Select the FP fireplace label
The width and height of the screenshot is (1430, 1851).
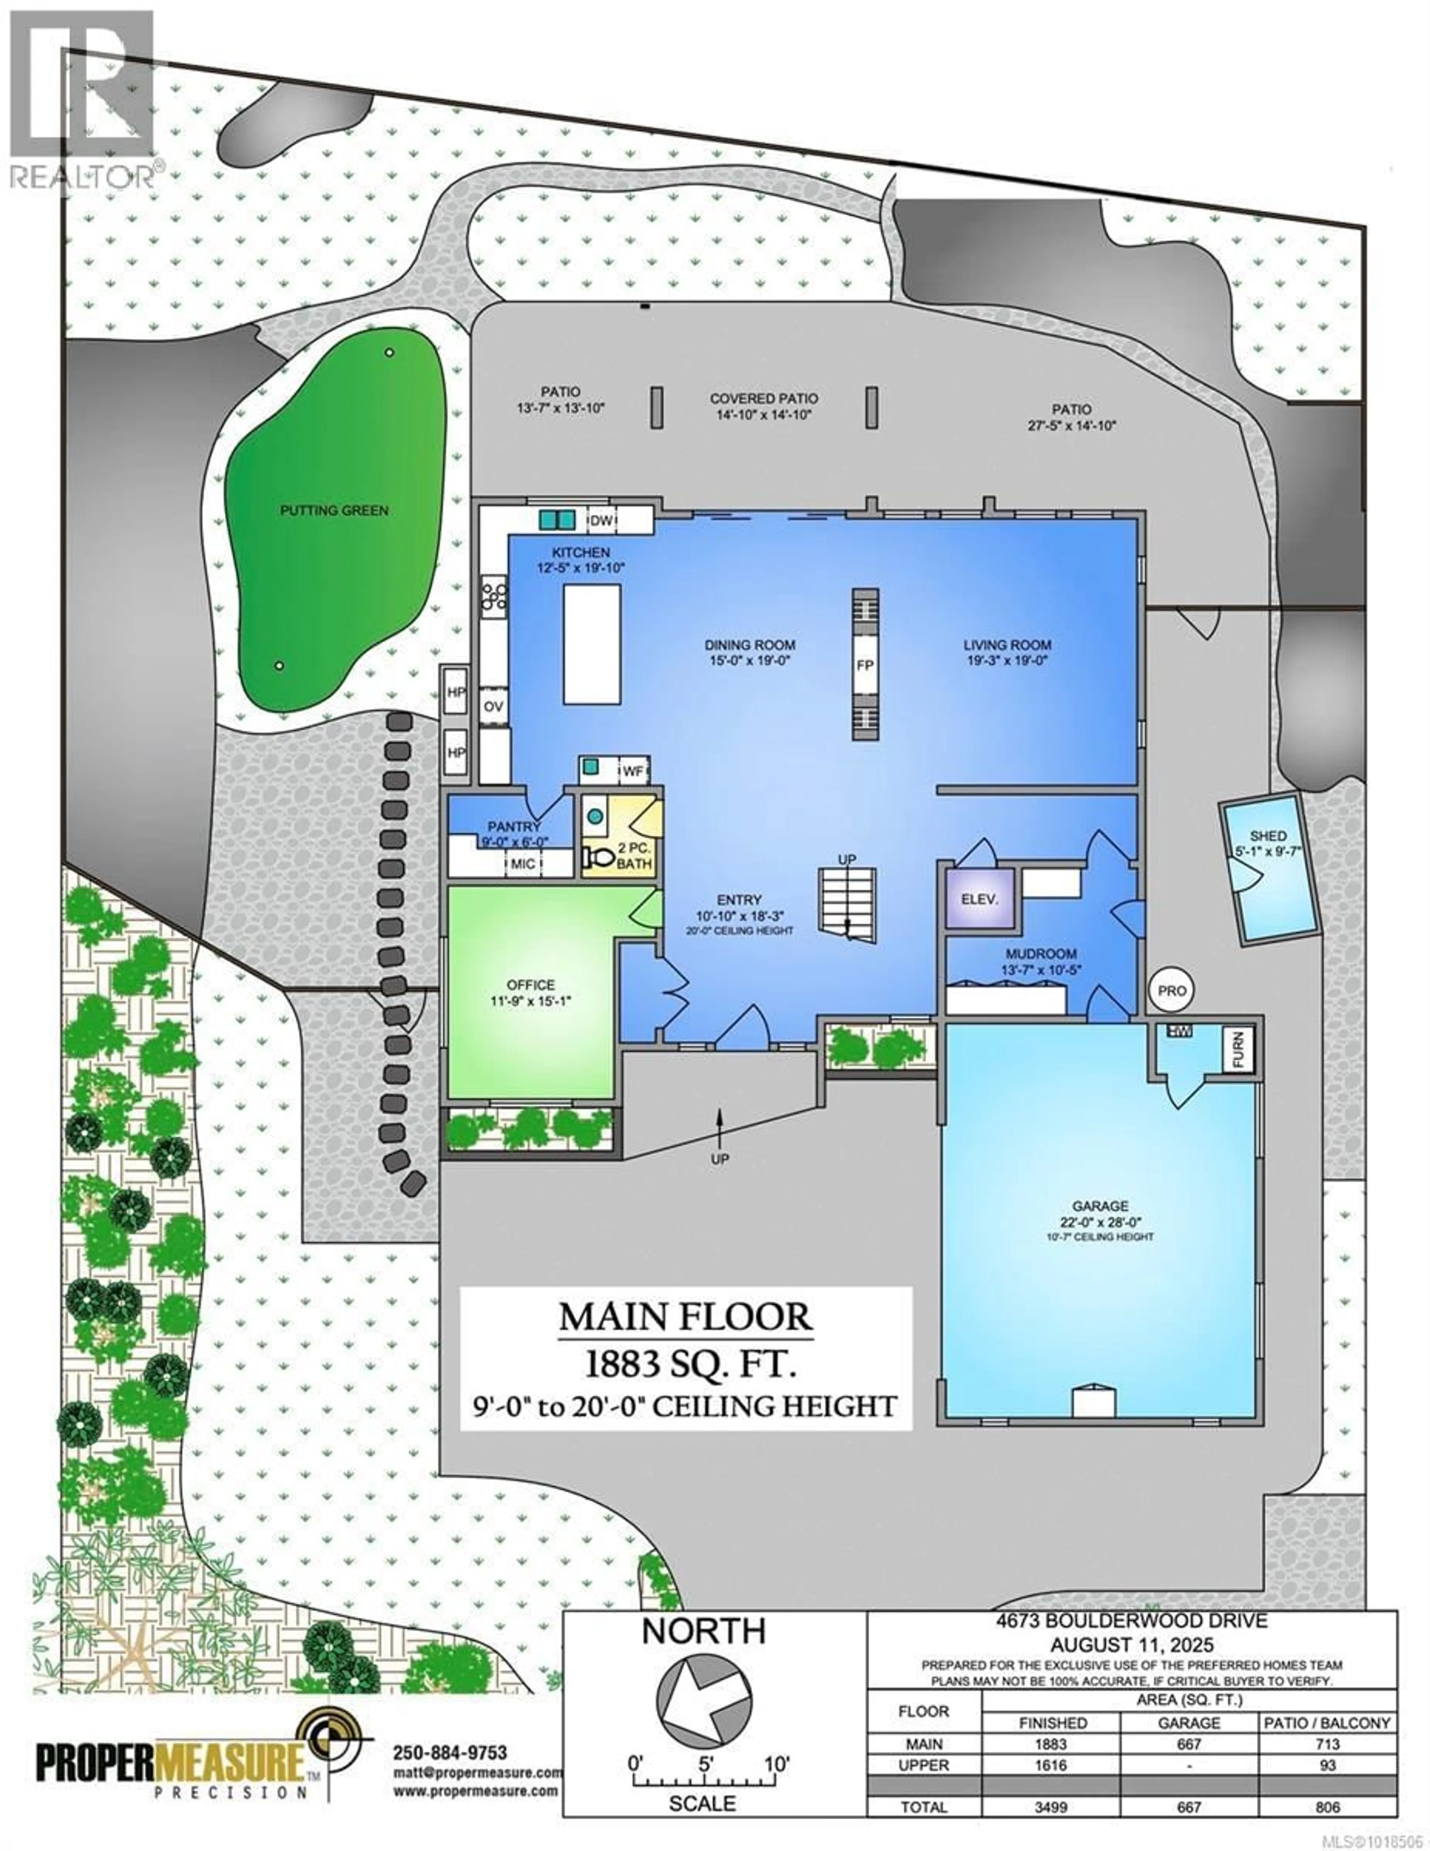(x=865, y=665)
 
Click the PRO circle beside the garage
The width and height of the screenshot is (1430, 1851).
(x=1172, y=990)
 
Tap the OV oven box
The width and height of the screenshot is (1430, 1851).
(x=493, y=706)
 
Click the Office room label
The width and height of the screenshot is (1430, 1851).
(x=531, y=985)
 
